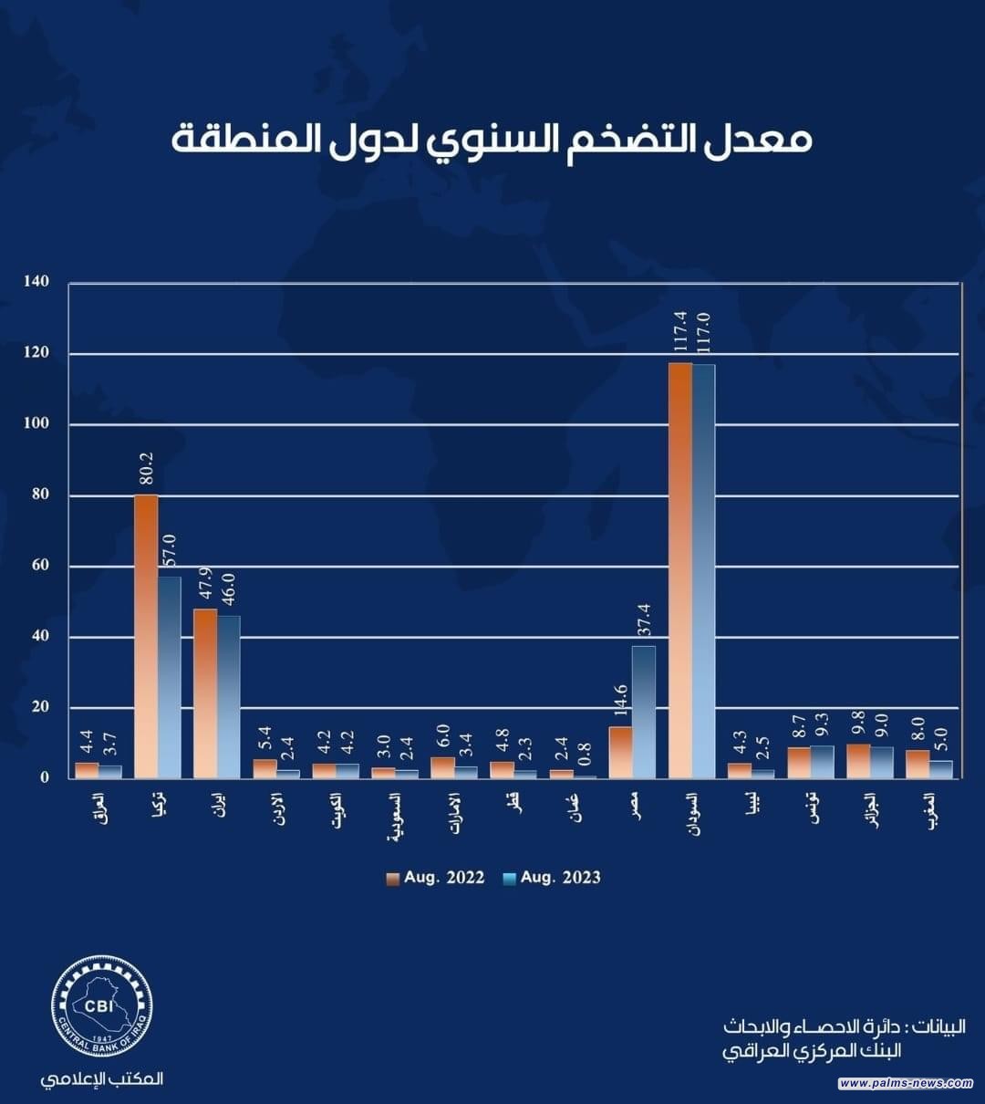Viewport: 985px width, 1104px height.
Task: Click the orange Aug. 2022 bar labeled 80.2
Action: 146,636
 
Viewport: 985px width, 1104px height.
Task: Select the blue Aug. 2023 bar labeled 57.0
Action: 170,677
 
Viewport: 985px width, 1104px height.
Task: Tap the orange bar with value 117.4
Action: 680,570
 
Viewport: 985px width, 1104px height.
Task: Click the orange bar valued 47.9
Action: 205,693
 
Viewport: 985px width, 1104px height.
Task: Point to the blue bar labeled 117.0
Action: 703,571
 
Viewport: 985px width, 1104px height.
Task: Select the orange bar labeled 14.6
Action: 620,752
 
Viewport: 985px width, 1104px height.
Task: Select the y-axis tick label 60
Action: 41,566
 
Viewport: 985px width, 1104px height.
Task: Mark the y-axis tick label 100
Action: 37,424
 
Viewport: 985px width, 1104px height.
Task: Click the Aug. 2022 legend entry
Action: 434,878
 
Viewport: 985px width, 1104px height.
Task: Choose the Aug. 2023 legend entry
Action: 551,878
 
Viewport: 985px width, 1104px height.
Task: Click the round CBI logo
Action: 101,1006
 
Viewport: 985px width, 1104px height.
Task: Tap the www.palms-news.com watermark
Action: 906,1083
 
